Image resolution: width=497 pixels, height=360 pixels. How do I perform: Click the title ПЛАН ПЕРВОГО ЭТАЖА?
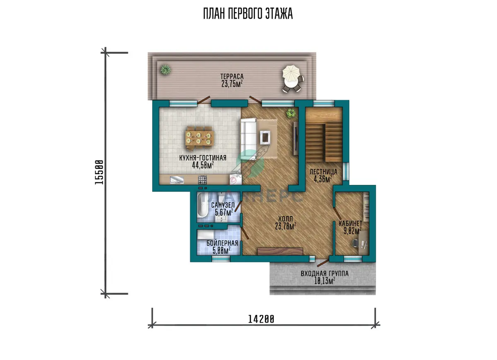tap(248, 14)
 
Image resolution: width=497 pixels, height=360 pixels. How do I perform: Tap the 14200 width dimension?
tap(261, 319)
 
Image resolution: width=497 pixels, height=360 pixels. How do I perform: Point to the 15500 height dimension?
tap(99, 172)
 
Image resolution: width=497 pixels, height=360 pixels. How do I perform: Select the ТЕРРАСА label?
tap(232, 77)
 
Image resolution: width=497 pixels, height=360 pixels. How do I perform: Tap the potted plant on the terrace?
tap(166, 70)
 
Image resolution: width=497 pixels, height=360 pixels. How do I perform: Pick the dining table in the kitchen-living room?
tap(200, 138)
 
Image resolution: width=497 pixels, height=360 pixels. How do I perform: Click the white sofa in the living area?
tap(248, 139)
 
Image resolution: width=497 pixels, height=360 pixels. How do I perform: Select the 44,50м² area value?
tap(203, 165)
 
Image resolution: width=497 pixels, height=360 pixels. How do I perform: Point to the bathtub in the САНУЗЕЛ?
tap(203, 205)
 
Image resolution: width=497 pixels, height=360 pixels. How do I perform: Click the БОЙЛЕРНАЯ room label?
tap(222, 243)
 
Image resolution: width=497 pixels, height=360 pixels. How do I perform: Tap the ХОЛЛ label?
tap(285, 219)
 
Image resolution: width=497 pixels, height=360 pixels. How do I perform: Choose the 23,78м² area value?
tap(285, 226)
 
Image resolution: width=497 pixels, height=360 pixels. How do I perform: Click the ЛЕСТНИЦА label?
tap(323, 172)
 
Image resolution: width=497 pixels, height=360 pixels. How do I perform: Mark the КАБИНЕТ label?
tap(350, 223)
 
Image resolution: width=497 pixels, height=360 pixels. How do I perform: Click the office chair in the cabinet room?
tap(355, 243)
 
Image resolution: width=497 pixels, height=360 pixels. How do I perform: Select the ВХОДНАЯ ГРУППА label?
tap(325, 274)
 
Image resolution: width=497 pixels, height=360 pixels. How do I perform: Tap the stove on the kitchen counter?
tap(203, 180)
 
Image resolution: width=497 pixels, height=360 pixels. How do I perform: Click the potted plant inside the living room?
tap(291, 113)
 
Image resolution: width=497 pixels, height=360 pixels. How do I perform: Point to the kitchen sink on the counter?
tap(177, 180)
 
